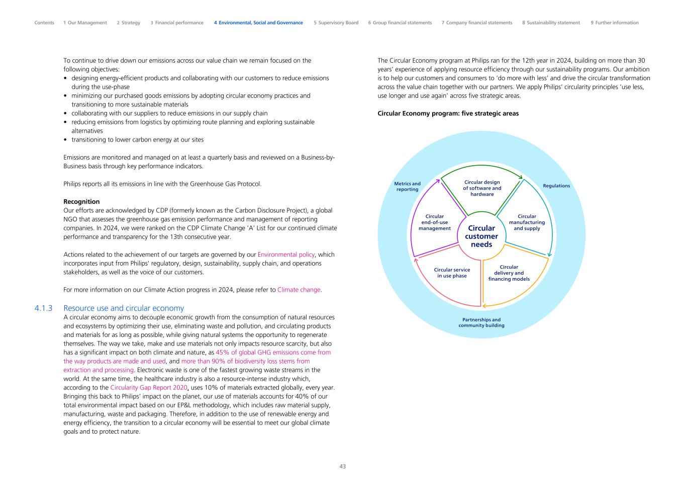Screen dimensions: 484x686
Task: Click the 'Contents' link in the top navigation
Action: (x=44, y=23)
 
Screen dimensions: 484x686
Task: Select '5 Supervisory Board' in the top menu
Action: (x=336, y=23)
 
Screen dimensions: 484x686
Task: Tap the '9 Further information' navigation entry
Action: (x=615, y=23)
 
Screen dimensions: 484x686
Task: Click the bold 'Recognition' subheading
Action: (x=81, y=202)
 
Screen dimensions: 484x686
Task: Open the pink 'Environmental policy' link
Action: (x=286, y=255)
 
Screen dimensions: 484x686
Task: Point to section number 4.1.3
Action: (x=44, y=308)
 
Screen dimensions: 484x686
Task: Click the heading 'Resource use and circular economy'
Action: (x=124, y=308)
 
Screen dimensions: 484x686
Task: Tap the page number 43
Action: (x=343, y=466)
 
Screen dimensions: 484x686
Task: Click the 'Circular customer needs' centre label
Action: (x=481, y=236)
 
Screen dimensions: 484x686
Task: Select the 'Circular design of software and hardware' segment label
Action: (x=482, y=188)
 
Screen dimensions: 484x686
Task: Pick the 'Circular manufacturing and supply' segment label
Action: (x=527, y=222)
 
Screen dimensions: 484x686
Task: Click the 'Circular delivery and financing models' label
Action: (x=509, y=273)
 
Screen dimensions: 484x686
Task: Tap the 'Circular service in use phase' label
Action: (x=452, y=273)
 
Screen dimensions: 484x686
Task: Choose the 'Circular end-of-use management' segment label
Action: (x=435, y=222)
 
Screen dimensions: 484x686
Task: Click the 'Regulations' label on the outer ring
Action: (x=556, y=186)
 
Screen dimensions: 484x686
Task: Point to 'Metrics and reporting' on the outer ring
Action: (x=407, y=186)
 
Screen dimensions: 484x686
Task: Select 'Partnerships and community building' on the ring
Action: (x=481, y=322)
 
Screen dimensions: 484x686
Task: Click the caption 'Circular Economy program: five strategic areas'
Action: (x=448, y=113)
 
